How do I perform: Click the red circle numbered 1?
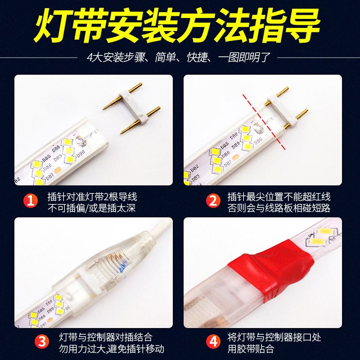31,200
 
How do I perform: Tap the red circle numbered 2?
213,200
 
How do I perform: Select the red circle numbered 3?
42,341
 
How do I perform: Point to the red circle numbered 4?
213,341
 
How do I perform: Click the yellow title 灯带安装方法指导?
177,25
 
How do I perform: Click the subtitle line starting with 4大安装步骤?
179,57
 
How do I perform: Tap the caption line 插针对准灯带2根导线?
92,197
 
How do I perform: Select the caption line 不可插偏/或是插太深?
92,208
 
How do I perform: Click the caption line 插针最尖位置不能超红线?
279,197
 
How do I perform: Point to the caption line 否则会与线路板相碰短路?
279,208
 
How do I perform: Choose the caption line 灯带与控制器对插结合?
106,337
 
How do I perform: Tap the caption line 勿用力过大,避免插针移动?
111,349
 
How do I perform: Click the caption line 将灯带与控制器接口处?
274,337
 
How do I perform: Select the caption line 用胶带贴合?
251,349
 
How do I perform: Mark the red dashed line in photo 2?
264,121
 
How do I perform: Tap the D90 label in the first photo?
81,153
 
